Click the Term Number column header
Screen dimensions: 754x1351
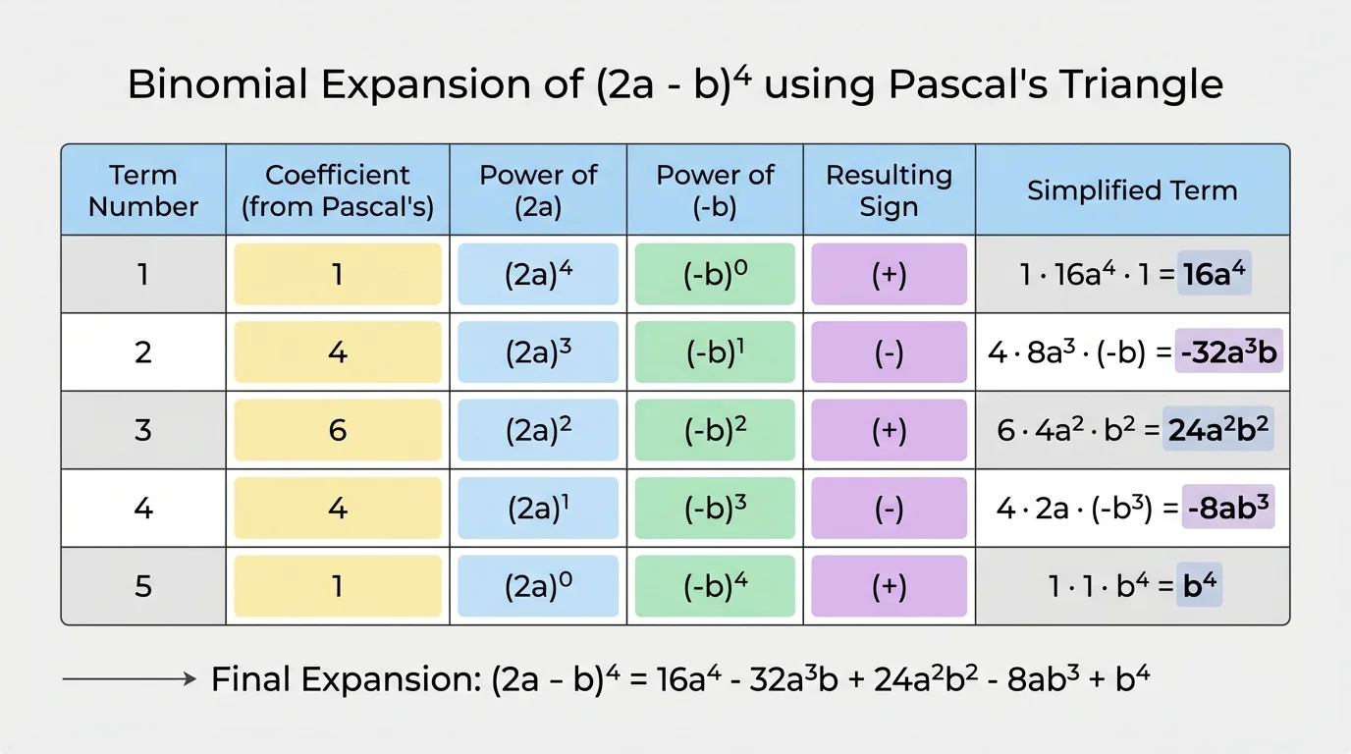pos(143,190)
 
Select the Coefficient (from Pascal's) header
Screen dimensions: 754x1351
pos(337,190)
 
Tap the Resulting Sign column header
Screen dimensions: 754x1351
pos(889,190)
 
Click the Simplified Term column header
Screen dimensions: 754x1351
pos(1132,190)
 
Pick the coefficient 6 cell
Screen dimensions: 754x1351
pos(337,430)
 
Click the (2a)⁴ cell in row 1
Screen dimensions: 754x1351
pos(538,274)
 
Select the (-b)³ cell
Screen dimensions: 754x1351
pos(715,509)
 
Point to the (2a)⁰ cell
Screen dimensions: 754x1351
pos(538,586)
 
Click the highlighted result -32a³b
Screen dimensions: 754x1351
pos(1229,352)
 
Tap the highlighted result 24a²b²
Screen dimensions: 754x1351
pos(1217,430)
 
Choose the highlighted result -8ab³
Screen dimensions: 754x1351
pos(1228,509)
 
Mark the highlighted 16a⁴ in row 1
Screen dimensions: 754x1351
pos(1217,274)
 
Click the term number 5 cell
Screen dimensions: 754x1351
pos(143,586)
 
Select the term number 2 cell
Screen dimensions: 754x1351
pos(143,352)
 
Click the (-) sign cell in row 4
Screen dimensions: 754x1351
pos(889,509)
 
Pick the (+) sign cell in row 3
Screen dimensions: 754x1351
pos(889,430)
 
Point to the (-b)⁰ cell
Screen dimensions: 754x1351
pos(715,274)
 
